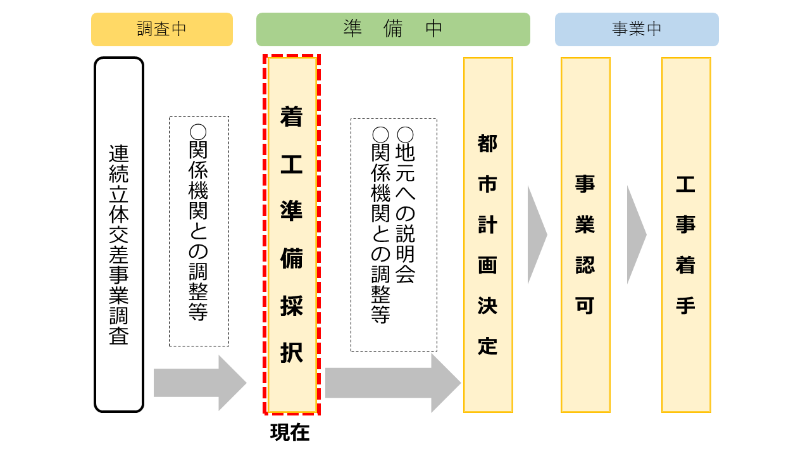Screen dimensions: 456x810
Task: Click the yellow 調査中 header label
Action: [x=162, y=29]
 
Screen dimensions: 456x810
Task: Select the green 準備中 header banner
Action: [x=393, y=29]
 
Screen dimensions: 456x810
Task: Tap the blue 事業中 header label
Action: [x=637, y=29]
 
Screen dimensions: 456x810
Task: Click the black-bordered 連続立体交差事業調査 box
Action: [x=119, y=234]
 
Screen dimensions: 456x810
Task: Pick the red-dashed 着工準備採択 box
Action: [x=292, y=234]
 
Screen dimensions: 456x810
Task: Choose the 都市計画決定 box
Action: [x=488, y=234]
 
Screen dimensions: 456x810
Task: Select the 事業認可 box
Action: [x=585, y=234]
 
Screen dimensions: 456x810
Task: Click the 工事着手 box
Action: [x=686, y=234]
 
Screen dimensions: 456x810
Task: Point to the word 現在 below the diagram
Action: [x=290, y=432]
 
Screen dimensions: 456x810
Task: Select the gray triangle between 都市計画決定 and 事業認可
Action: [x=535, y=234]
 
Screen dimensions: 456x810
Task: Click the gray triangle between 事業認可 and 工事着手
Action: [x=635, y=234]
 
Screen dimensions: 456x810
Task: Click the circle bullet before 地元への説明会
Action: [x=405, y=134]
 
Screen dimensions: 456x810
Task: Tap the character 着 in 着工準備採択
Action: [x=292, y=116]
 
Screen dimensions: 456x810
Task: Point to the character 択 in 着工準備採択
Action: [x=292, y=353]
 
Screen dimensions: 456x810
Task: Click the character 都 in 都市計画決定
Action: [x=488, y=144]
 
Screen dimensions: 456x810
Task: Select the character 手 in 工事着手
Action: [x=686, y=306]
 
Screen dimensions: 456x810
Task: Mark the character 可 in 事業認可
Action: [x=585, y=306]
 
